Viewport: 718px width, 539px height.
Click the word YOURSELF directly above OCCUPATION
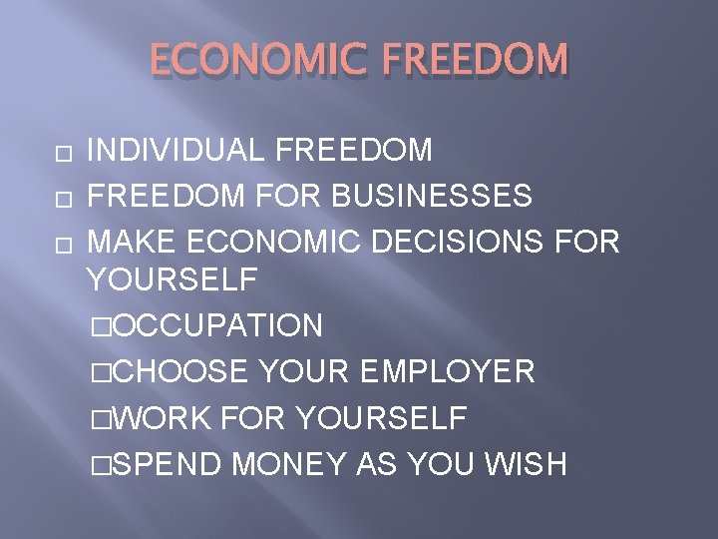[172, 280]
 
